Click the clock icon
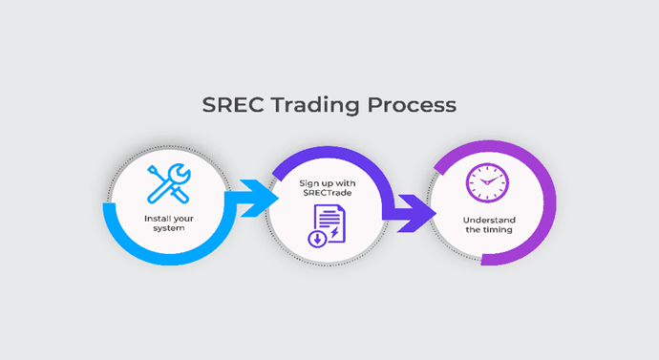click(487, 182)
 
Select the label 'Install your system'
click(168, 222)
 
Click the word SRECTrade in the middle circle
click(327, 192)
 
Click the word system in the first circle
click(168, 228)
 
